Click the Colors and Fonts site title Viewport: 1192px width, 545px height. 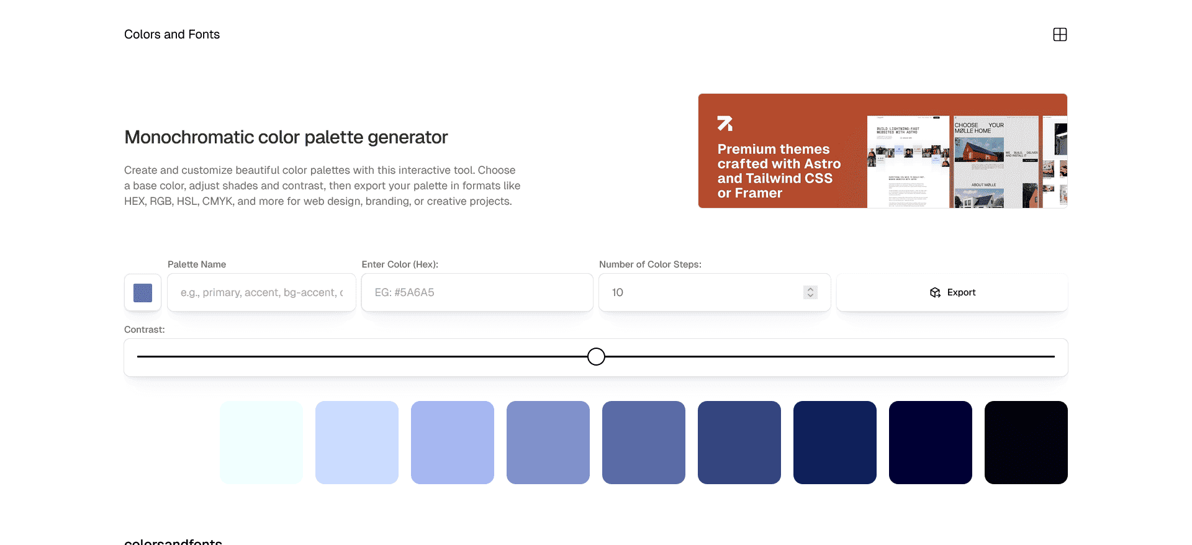(x=172, y=35)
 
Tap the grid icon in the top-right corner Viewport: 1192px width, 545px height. (x=1060, y=35)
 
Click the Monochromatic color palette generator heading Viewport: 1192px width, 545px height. (x=286, y=137)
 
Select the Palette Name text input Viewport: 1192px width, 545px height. (x=261, y=292)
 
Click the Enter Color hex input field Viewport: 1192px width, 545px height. (x=477, y=292)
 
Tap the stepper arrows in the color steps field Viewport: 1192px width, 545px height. (x=810, y=292)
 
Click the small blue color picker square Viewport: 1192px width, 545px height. (x=143, y=293)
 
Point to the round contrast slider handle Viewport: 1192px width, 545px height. (x=596, y=357)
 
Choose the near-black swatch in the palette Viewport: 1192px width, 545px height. (x=1026, y=443)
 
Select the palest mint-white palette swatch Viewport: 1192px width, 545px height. (x=261, y=443)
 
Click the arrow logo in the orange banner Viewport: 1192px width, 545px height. (x=725, y=124)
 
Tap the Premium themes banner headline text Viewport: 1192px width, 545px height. (x=779, y=171)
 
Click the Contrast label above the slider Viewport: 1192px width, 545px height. (x=145, y=330)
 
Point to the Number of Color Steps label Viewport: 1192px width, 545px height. (x=650, y=264)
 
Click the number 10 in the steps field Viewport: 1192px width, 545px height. (x=618, y=292)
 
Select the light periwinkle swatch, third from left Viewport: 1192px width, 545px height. (x=453, y=443)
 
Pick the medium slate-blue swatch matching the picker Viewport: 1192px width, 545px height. (x=644, y=443)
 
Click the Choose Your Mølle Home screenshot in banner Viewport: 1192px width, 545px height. (x=995, y=161)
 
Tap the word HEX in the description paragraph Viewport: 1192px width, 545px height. (x=134, y=201)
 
